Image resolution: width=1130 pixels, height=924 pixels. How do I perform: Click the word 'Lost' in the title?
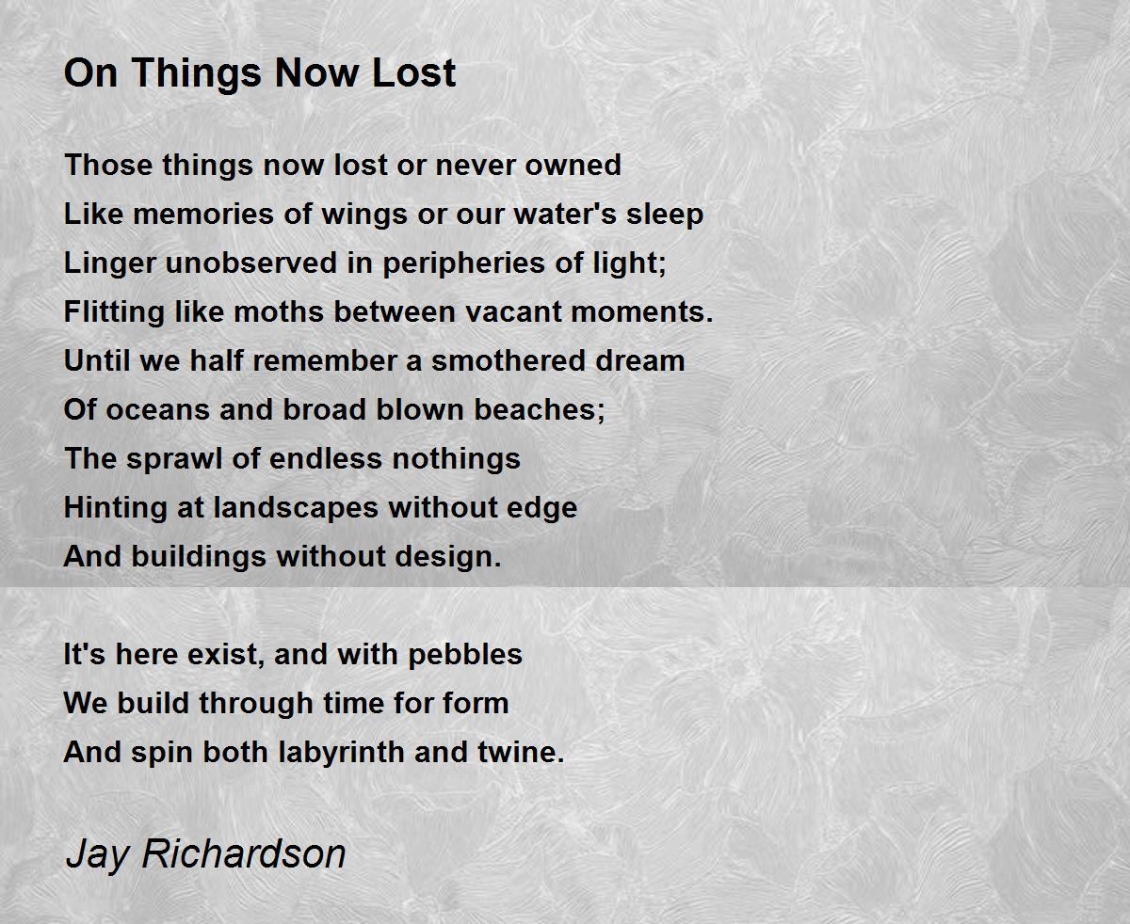pyautogui.click(x=413, y=72)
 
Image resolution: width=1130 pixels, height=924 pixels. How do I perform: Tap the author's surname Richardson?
pyautogui.click(x=244, y=852)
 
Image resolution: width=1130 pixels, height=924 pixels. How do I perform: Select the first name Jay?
pyautogui.click(x=97, y=855)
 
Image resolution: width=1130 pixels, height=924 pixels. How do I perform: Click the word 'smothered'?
pyautogui.click(x=508, y=360)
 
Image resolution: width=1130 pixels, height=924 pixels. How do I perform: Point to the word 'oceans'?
pyautogui.click(x=157, y=410)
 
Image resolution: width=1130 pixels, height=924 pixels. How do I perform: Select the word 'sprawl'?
pyautogui.click(x=174, y=460)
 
